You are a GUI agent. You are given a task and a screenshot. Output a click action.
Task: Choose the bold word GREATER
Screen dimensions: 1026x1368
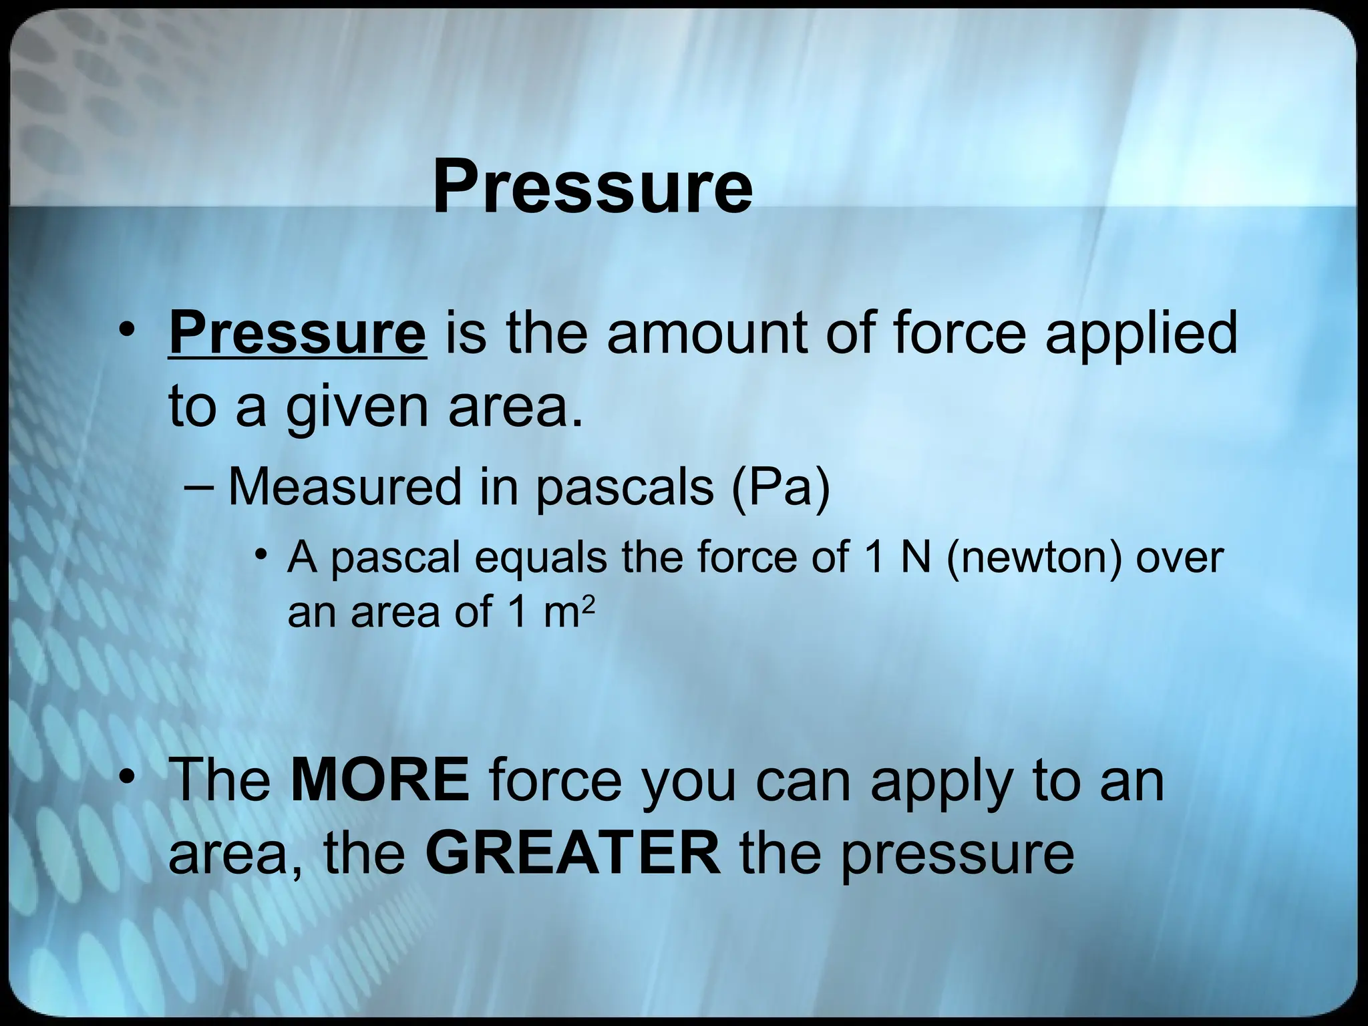(x=572, y=853)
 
